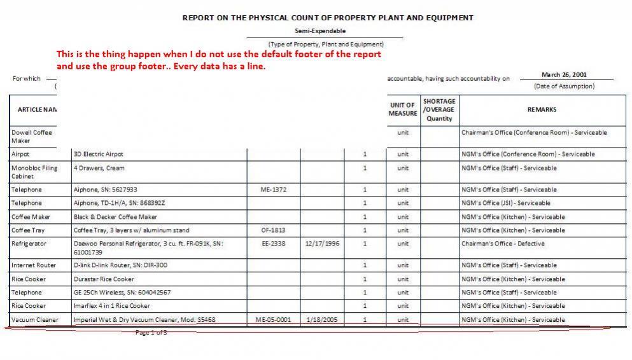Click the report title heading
pos(328,18)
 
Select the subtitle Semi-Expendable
pos(320,31)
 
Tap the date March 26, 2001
pos(563,75)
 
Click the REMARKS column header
pos(542,109)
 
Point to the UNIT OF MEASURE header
pos(402,109)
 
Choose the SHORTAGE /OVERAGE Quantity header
pos(439,109)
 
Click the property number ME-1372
pos(273,190)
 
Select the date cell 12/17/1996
pos(322,244)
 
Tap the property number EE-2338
pos(273,244)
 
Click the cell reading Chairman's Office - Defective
pos(503,244)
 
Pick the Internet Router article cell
pos(34,265)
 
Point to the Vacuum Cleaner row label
pos(34,320)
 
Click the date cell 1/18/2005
pos(322,320)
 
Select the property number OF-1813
pos(273,230)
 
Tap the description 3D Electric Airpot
pos(99,154)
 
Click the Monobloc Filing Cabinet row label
pos(34,172)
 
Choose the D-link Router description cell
pos(120,265)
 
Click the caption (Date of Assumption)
pos(564,87)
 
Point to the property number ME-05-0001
pos(273,320)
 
